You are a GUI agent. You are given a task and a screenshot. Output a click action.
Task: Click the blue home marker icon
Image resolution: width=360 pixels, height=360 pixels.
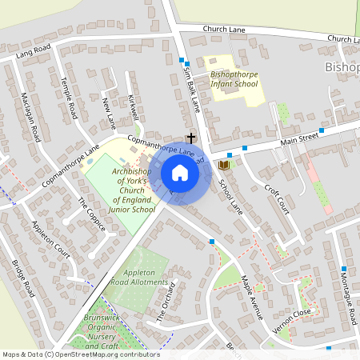[x=180, y=173]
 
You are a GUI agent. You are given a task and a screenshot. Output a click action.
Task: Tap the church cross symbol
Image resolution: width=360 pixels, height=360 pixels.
[x=191, y=138]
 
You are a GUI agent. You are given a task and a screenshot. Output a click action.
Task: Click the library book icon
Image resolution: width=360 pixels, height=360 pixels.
[x=225, y=165]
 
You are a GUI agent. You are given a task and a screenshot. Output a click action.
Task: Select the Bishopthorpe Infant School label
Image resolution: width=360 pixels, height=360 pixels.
[x=234, y=78]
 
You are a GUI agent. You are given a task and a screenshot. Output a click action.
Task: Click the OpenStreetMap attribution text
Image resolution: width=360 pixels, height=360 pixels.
[x=81, y=354]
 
